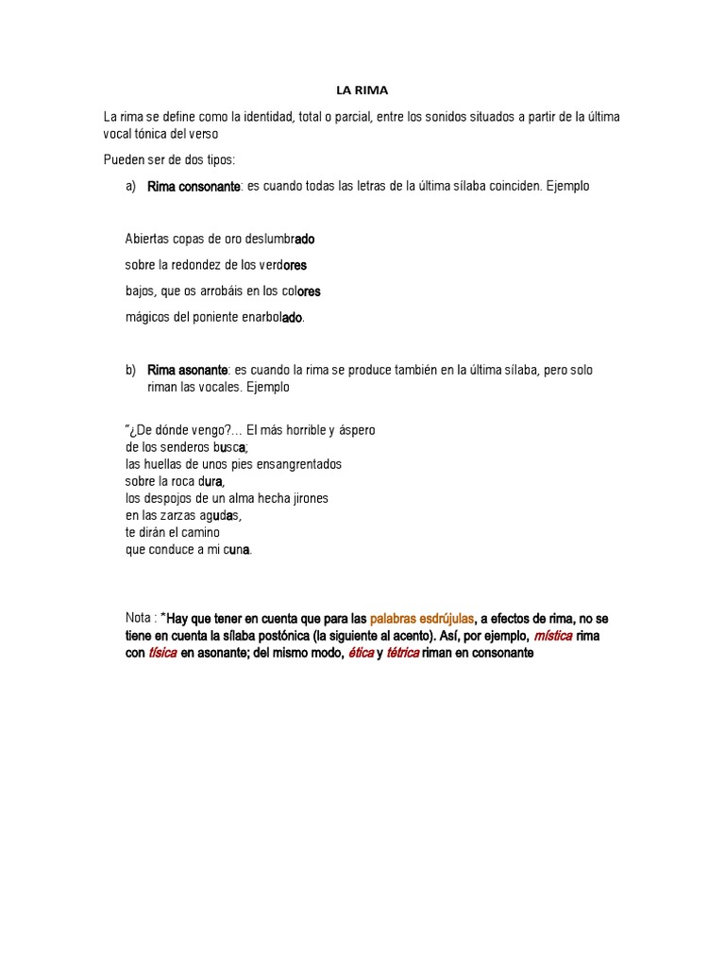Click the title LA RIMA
(362, 91)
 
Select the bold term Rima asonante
(188, 371)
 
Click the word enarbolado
(273, 318)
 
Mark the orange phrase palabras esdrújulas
(421, 619)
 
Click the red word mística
(552, 636)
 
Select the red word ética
(361, 653)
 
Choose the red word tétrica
(402, 653)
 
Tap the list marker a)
(131, 187)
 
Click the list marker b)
(131, 371)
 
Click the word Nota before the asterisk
(139, 619)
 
